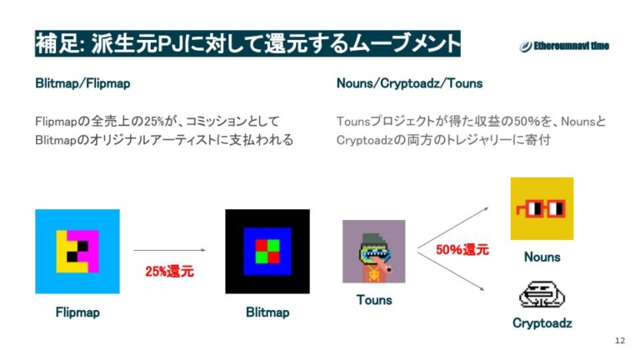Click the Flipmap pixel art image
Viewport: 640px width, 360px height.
click(77, 252)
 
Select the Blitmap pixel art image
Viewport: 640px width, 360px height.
click(267, 251)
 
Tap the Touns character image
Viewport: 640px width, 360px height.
click(373, 251)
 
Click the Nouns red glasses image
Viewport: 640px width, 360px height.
click(542, 208)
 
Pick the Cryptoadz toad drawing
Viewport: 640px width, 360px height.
click(542, 294)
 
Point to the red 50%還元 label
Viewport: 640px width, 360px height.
click(462, 249)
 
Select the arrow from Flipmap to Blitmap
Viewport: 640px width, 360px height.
click(169, 249)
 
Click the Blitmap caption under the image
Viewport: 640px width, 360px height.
click(267, 312)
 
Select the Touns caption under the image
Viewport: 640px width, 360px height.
click(374, 300)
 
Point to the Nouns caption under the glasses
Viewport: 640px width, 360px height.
click(542, 257)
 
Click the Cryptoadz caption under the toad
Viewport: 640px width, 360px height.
click(542, 323)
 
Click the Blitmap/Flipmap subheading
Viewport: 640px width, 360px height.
click(82, 84)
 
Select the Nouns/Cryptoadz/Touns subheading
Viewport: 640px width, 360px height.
click(409, 84)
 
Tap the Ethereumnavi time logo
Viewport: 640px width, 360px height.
click(564, 47)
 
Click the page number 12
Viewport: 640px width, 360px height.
click(618, 340)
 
